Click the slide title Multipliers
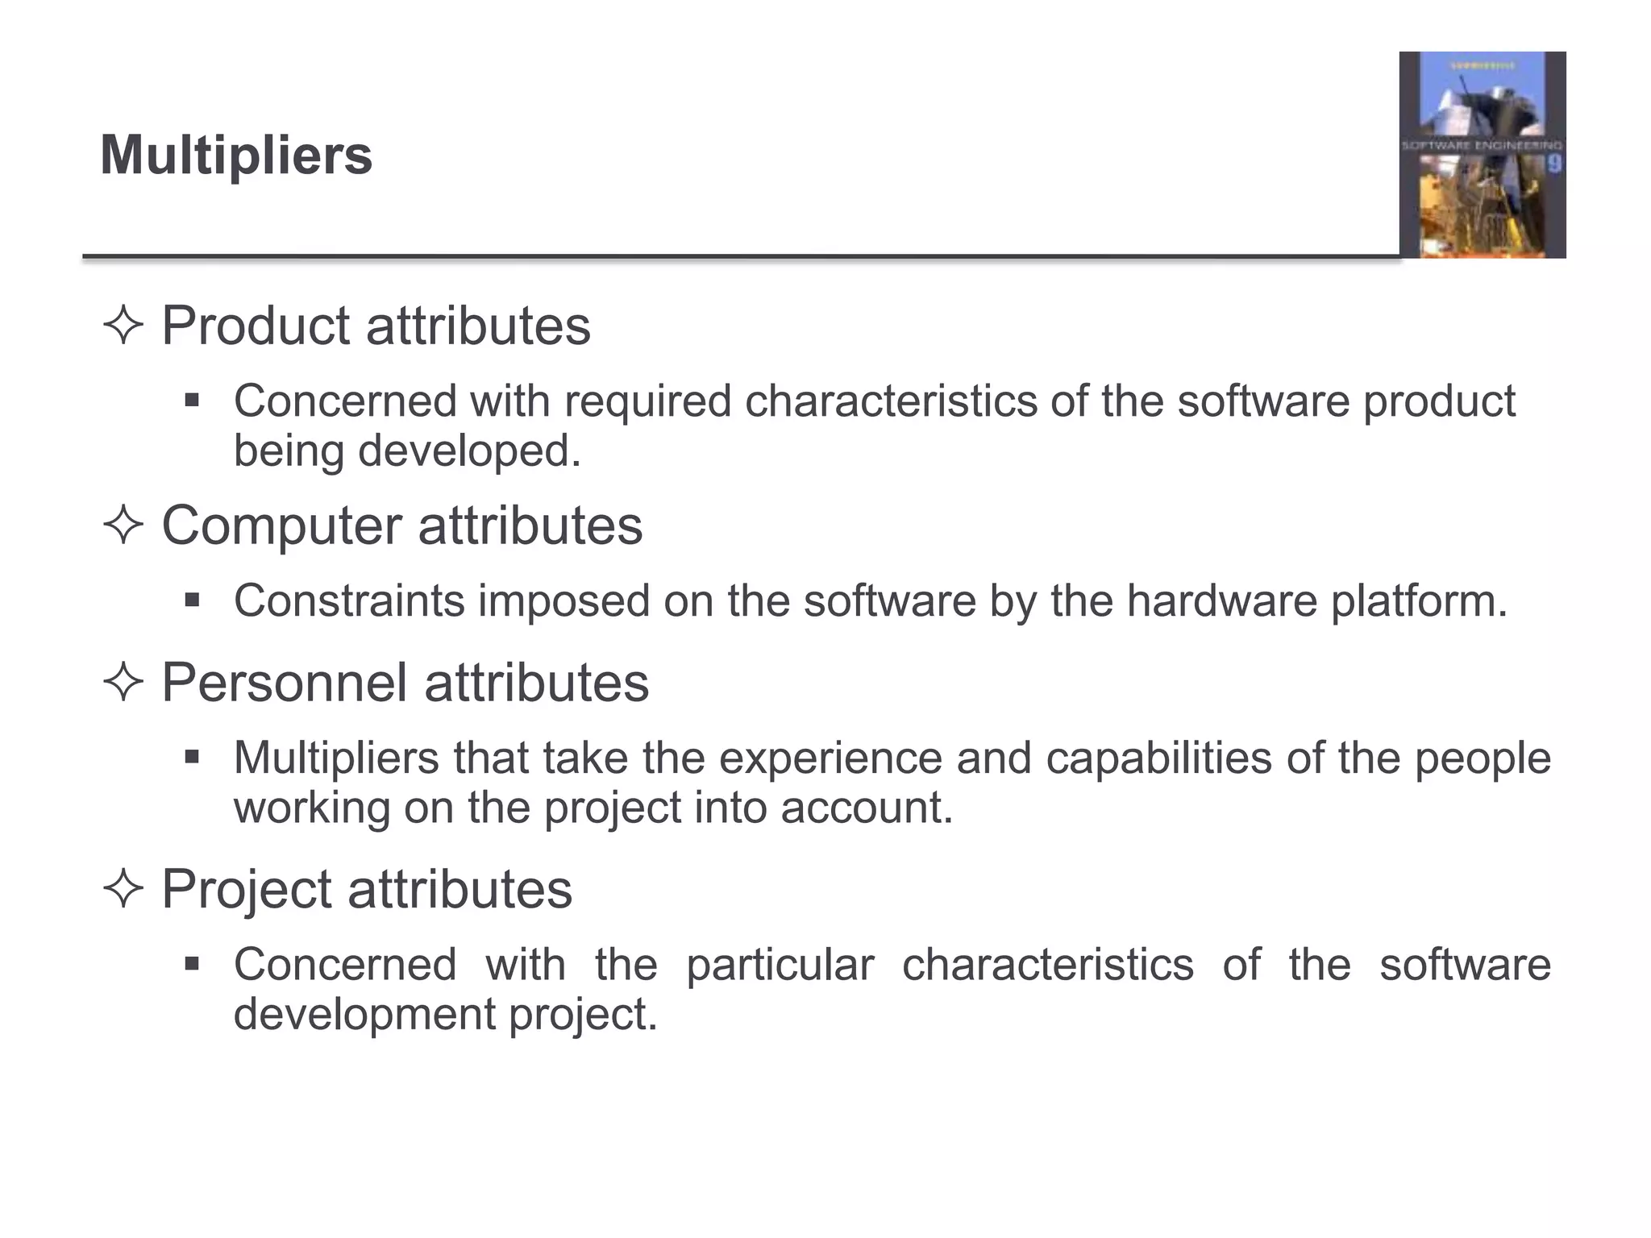[236, 155]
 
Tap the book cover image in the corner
[1482, 155]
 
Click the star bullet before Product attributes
[123, 326]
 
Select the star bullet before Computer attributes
[123, 526]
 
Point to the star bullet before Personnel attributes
[123, 683]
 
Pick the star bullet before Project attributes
[123, 890]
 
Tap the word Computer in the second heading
[281, 526]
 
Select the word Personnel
[285, 683]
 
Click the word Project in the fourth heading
[247, 889]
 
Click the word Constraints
[349, 601]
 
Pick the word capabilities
[1158, 759]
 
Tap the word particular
[780, 965]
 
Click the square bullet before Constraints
[192, 600]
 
